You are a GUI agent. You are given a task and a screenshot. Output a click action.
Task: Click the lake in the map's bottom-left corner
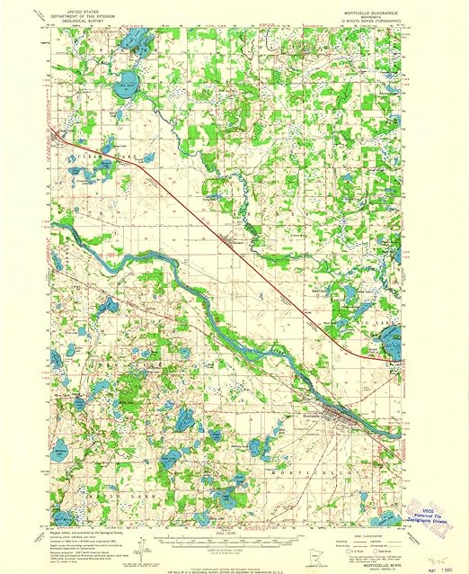pos(63,518)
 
